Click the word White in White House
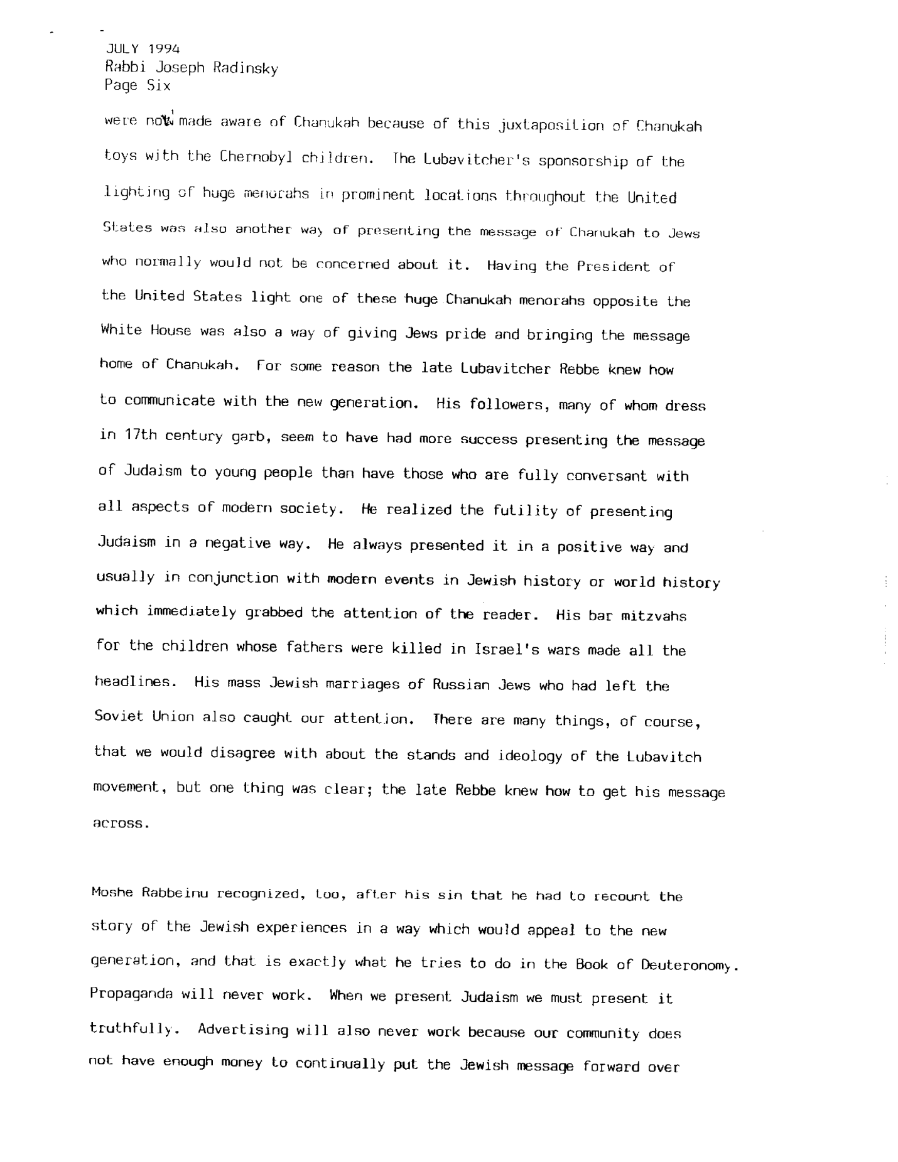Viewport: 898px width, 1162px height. coord(121,330)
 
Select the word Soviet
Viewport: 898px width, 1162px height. coord(119,716)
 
